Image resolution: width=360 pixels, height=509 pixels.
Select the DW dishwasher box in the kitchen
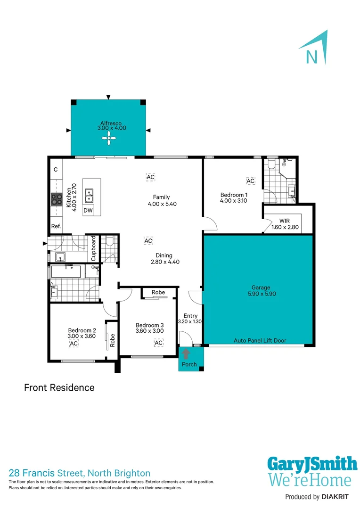click(88, 211)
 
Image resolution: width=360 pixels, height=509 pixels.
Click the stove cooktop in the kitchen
click(57, 199)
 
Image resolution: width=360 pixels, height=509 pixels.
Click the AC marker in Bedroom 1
click(250, 181)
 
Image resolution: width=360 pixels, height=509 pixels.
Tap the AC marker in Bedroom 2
click(74, 344)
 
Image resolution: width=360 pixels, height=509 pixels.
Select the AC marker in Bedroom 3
click(158, 343)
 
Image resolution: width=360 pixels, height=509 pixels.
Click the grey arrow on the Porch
click(186, 353)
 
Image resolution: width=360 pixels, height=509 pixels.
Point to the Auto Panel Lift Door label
click(260, 340)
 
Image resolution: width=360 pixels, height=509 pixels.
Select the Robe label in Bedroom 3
click(158, 292)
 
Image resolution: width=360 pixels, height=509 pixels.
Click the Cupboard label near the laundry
click(94, 248)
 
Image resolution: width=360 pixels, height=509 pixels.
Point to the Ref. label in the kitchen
click(56, 226)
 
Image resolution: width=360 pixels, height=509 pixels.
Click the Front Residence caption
click(59, 388)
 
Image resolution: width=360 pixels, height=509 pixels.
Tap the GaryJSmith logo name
click(312, 464)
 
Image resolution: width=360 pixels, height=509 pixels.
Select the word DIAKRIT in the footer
click(337, 497)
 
